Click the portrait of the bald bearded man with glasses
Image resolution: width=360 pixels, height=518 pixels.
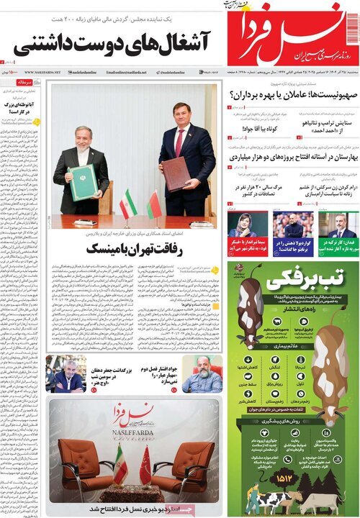pyautogui.click(x=202, y=372)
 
